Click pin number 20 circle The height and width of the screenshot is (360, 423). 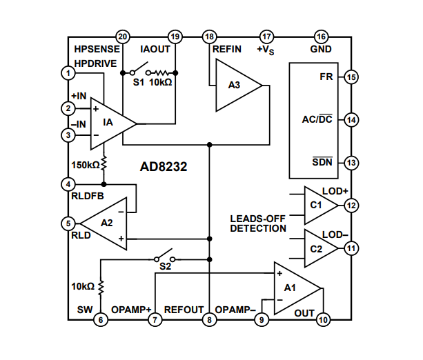pos(123,37)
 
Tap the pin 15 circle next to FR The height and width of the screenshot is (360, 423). pos(351,77)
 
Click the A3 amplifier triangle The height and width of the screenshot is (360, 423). pos(235,86)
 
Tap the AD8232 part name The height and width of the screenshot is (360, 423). pos(164,167)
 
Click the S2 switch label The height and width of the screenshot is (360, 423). pos(164,266)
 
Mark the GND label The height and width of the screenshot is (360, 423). pos(321,49)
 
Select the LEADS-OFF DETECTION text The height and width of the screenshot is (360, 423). pos(257,223)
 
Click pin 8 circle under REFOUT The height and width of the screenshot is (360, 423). pos(209,320)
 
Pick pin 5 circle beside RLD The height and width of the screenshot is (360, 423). pos(68,223)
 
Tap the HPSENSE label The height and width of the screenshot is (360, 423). pos(97,50)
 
